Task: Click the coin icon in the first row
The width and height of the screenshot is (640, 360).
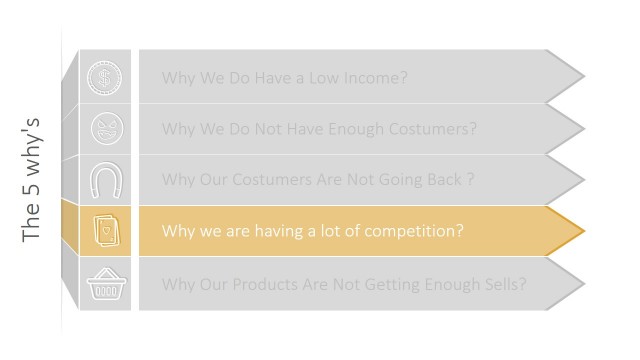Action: (x=104, y=77)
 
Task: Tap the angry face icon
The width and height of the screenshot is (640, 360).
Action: (x=104, y=129)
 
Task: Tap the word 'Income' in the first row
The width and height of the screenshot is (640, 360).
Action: (x=374, y=78)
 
